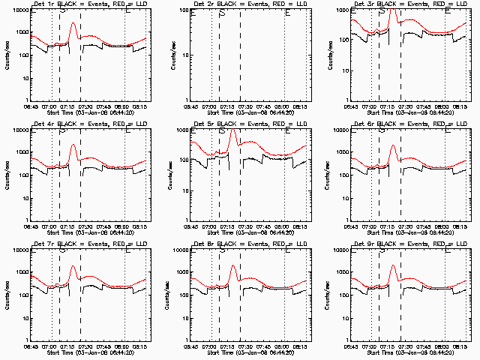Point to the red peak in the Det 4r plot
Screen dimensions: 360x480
click(73, 145)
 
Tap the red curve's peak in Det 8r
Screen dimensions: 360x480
click(233, 266)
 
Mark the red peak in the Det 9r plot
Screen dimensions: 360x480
click(393, 265)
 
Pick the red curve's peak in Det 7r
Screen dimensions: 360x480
click(73, 266)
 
